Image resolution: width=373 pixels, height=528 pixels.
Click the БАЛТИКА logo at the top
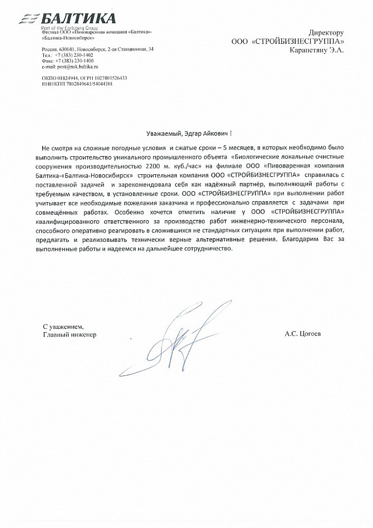tap(74, 20)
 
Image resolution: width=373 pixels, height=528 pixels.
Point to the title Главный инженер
tap(70, 334)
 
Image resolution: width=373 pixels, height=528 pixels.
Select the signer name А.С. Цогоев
tap(302, 334)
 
